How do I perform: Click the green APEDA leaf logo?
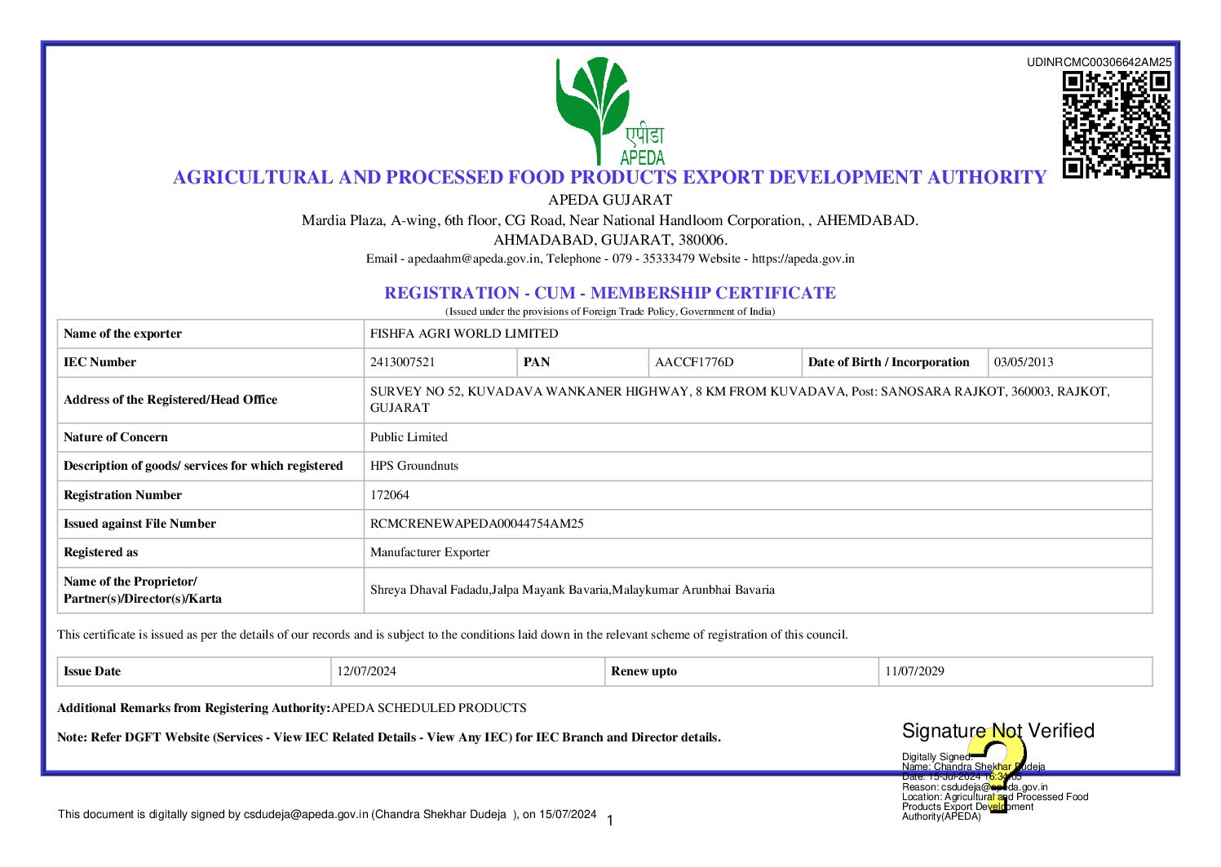[593, 106]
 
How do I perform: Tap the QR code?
[1116, 125]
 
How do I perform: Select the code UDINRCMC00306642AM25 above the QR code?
[1099, 62]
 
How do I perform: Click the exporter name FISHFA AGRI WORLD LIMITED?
[464, 334]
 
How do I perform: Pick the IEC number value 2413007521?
[403, 362]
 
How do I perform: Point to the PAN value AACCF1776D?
[694, 362]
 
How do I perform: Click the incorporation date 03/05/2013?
[1024, 362]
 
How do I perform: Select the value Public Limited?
[409, 437]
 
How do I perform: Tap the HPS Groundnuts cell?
[414, 466]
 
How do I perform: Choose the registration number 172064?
[390, 495]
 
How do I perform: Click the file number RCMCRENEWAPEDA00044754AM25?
[477, 524]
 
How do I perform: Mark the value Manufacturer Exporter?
[430, 552]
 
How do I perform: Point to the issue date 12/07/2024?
[367, 671]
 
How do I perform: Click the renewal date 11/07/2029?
[914, 671]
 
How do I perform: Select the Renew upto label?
[644, 671]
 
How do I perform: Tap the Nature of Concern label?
[116, 437]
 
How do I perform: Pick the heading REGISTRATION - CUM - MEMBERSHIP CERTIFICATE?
[610, 293]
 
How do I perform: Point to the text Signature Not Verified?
[998, 731]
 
